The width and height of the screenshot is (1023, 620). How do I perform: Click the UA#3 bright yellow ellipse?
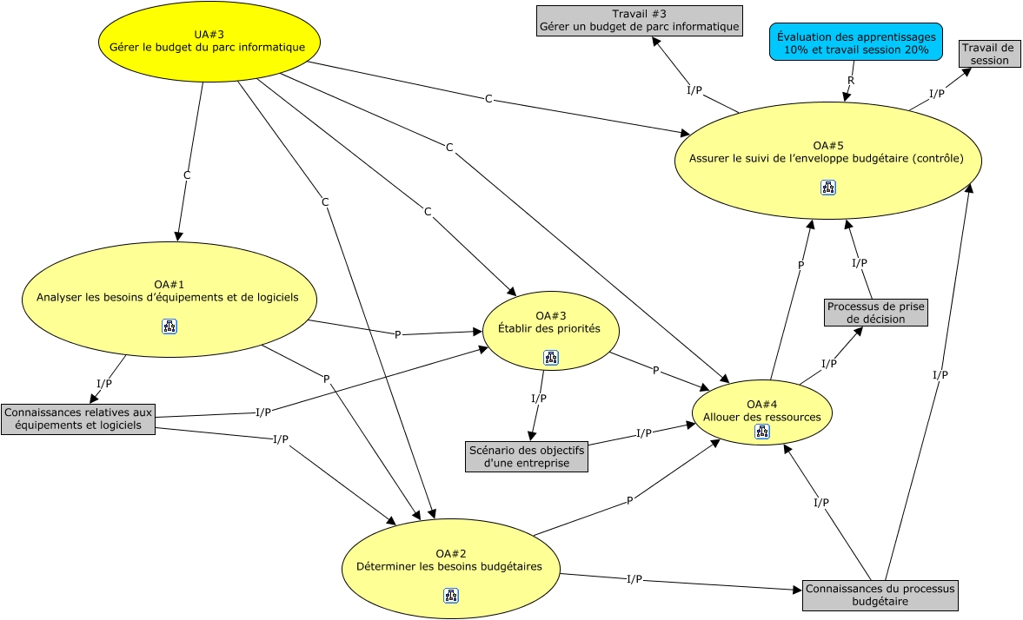pos(209,42)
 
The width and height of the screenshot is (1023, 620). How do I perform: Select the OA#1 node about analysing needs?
pos(169,300)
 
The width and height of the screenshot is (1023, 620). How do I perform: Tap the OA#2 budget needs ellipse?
pos(451,569)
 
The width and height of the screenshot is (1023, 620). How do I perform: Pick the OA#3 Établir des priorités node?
pos(551,331)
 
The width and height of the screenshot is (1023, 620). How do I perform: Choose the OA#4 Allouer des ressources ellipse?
pos(762,412)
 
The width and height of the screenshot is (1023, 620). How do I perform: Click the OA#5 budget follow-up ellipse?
pos(828,161)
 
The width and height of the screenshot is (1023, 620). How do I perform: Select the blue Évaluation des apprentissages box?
pos(856,42)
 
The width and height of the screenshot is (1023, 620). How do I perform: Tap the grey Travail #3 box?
pos(640,21)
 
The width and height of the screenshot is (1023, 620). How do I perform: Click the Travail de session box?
pos(989,54)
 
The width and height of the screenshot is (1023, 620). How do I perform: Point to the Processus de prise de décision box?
pos(875,313)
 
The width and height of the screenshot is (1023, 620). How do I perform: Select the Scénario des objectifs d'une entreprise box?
pos(527,457)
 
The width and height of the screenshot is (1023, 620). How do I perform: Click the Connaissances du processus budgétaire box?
pos(880,595)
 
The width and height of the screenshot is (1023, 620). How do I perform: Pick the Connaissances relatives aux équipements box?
pos(78,419)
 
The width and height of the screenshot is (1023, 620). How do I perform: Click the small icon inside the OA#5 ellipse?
pos(828,188)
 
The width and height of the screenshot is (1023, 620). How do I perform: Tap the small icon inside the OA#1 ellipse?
pos(169,326)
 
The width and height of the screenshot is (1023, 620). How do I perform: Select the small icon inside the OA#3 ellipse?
pos(551,358)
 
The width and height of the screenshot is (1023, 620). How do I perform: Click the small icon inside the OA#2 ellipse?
pos(451,595)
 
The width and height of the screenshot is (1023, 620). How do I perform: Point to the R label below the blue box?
pos(851,81)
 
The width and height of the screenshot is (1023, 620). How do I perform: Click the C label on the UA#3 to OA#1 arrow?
pos(187,175)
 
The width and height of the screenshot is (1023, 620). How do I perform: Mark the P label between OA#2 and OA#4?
pos(629,501)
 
